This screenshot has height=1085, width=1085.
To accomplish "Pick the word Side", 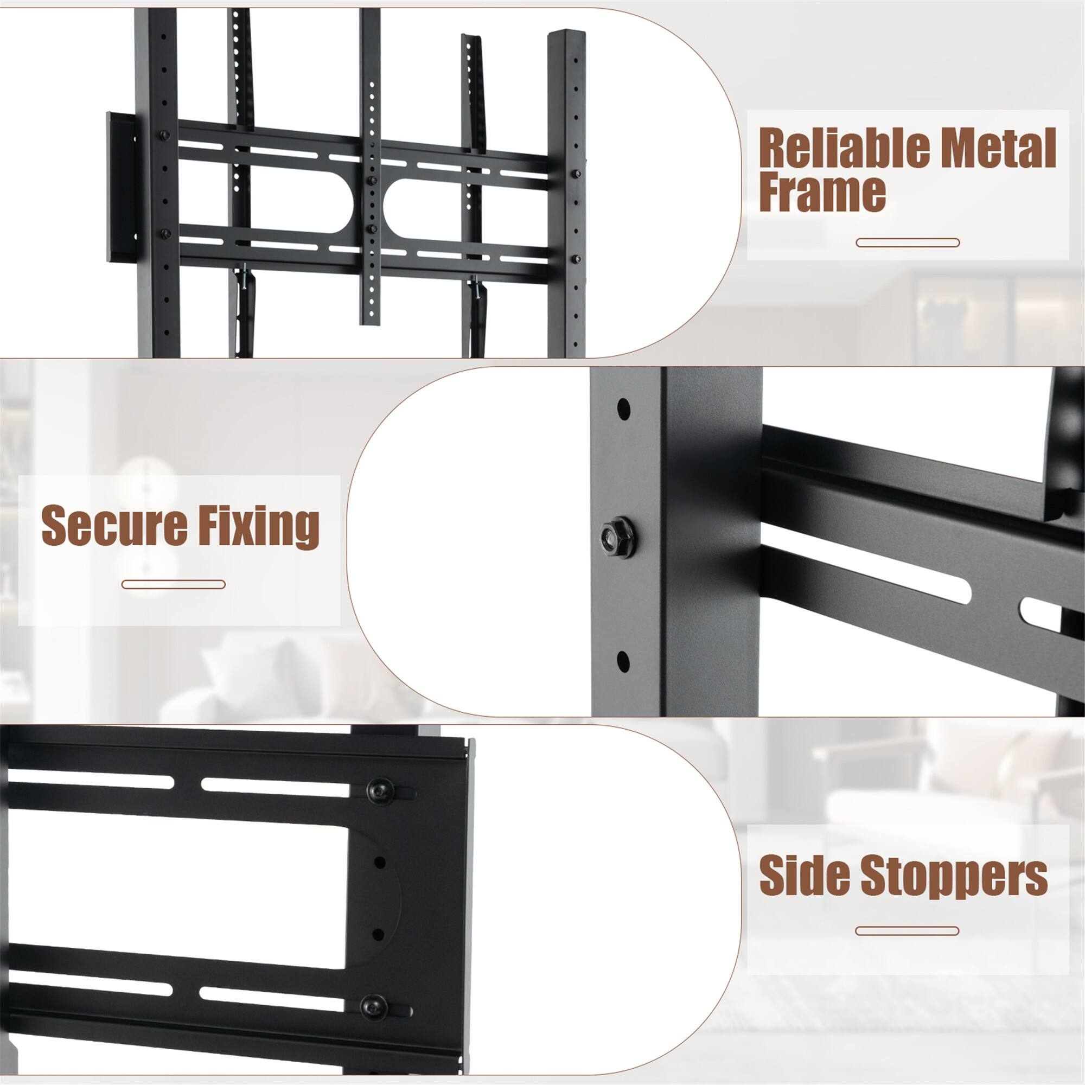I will pyautogui.click(x=803, y=891).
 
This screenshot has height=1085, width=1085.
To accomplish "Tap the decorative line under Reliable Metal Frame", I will pyautogui.click(x=908, y=243).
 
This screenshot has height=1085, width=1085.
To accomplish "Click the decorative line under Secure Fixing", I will pyautogui.click(x=173, y=585).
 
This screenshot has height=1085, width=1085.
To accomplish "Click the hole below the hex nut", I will pyautogui.click(x=623, y=661).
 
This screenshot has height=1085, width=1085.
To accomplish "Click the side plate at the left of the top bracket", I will pyautogui.click(x=121, y=188).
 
